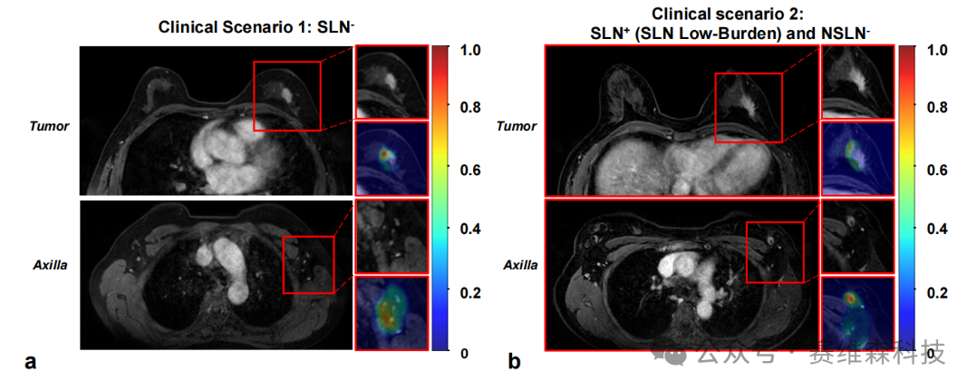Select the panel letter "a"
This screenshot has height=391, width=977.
(30, 362)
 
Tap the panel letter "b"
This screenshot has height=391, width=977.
(514, 361)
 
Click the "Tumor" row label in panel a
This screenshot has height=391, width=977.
(49, 126)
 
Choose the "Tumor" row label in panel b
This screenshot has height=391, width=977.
(517, 126)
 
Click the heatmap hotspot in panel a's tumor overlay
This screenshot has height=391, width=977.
(386, 152)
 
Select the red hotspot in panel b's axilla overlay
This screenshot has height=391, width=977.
(851, 298)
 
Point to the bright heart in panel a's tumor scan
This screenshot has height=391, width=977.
(222, 151)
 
